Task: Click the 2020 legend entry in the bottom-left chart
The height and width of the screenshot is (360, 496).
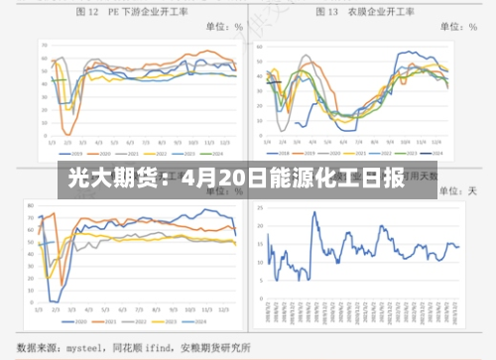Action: click(74, 323)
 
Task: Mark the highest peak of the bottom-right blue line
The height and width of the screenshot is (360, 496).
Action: click(314, 212)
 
